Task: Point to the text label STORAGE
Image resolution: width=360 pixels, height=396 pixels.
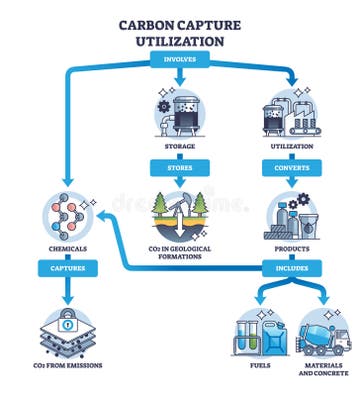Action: [x=180, y=145]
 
